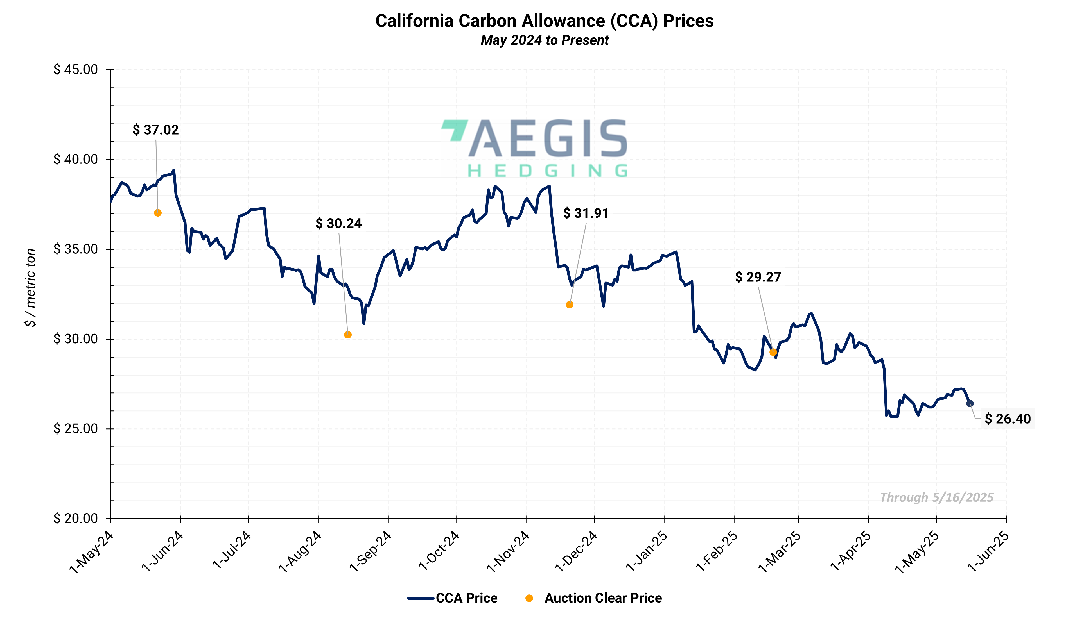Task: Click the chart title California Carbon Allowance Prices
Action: [545, 21]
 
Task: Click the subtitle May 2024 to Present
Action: [545, 40]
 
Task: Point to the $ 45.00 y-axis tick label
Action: [76, 69]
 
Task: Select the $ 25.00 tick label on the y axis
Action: [76, 429]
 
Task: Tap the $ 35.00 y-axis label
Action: [76, 249]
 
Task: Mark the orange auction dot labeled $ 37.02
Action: [158, 213]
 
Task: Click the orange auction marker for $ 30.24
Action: [348, 335]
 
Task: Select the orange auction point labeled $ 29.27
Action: [773, 352]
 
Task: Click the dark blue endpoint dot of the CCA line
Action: [970, 404]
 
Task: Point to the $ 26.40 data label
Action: [1008, 419]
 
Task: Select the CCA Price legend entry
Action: [453, 598]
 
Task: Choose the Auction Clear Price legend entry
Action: [594, 598]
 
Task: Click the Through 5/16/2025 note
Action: [937, 497]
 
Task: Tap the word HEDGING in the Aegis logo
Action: [547, 171]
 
